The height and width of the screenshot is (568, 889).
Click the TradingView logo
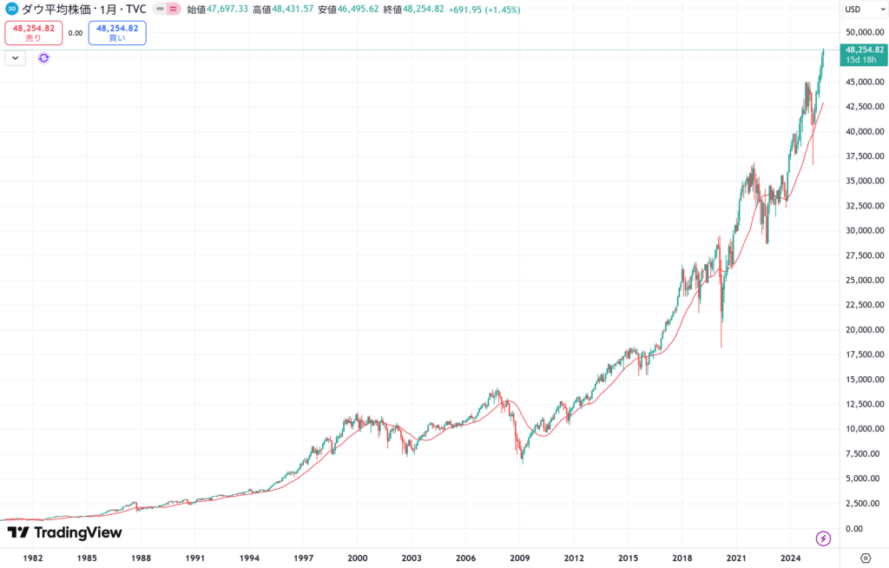pos(64,532)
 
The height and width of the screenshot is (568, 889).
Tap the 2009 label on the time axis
pos(519,558)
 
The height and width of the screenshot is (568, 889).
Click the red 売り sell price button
pos(33,33)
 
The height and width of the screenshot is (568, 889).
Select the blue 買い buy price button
pos(117,33)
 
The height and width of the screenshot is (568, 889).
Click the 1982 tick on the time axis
pos(33,558)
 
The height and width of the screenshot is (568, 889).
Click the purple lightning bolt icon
pos(823,538)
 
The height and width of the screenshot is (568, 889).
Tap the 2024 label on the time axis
pos(790,558)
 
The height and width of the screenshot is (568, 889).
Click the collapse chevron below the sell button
pos(16,58)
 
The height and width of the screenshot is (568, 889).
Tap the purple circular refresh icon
pos(43,58)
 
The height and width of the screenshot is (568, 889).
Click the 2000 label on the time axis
pos(357,558)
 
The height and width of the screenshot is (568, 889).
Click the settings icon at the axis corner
pos(866,558)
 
